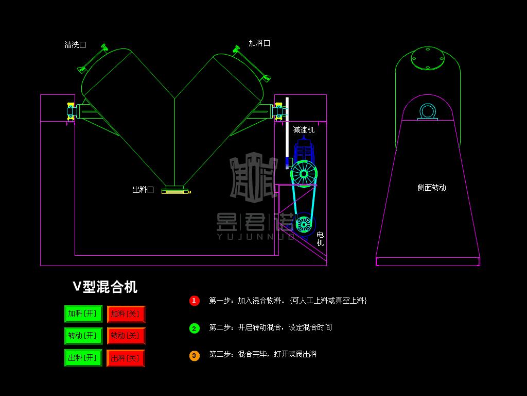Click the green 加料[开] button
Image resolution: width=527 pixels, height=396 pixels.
click(83, 313)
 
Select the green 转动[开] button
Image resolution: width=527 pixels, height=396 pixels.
click(83, 336)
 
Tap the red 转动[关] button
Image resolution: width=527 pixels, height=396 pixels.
click(126, 336)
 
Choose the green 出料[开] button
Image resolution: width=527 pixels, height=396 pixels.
click(83, 357)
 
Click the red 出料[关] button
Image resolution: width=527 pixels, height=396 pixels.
click(126, 358)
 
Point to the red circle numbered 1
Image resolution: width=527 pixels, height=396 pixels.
click(194, 301)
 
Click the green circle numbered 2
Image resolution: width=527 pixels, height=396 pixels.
click(194, 328)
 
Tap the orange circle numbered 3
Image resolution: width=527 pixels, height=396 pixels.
click(194, 355)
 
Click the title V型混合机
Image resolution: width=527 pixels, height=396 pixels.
click(105, 287)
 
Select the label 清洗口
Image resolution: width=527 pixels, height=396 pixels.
click(75, 45)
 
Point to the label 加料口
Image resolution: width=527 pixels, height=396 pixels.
click(259, 43)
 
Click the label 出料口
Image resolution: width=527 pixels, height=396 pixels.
click(143, 190)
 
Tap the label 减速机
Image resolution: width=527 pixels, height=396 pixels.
click(304, 130)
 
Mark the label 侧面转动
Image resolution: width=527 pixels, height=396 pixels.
click(432, 188)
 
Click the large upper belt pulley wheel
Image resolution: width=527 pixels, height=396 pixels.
click(304, 174)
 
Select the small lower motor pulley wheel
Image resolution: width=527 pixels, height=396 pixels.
click(304, 224)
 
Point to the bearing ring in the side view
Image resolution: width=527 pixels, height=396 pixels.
click(427, 111)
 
